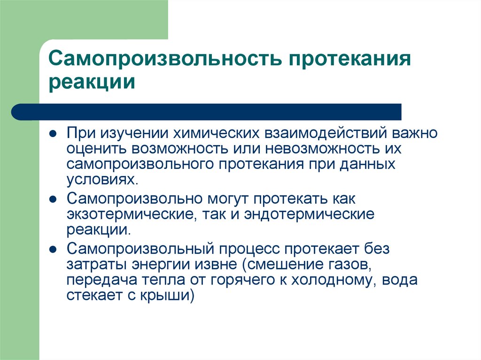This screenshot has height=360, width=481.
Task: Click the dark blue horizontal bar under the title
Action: tap(207, 112)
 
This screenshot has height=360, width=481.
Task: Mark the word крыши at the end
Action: tap(171, 297)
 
